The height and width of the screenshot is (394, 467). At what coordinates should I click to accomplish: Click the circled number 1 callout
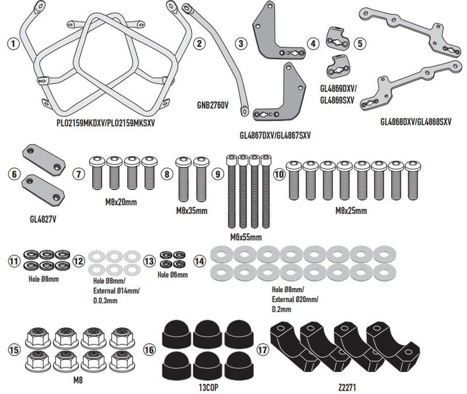pyautogui.click(x=13, y=44)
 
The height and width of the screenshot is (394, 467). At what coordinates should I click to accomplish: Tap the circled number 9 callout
pyautogui.click(x=218, y=174)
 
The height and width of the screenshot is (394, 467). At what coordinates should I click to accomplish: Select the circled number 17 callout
pyautogui.click(x=263, y=350)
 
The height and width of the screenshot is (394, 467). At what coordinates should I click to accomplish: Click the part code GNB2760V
pyautogui.click(x=212, y=105)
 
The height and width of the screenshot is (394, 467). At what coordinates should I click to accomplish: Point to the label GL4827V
pyautogui.click(x=43, y=219)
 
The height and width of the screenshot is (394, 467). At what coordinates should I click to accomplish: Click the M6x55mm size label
pyautogui.click(x=246, y=237)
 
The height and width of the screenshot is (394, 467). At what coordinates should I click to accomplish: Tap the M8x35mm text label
pyautogui.click(x=192, y=210)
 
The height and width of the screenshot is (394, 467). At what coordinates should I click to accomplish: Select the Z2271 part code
pyautogui.click(x=347, y=388)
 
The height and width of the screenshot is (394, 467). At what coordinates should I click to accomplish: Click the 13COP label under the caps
pyautogui.click(x=208, y=388)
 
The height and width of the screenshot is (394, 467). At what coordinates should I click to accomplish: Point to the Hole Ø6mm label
pyautogui.click(x=173, y=274)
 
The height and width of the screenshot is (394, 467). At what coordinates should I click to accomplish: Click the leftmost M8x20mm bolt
pyautogui.click(x=96, y=173)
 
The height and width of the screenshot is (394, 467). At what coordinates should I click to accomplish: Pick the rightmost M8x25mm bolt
pyautogui.click(x=413, y=181)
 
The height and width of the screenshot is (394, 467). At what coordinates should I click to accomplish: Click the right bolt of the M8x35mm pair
pyautogui.click(x=201, y=179)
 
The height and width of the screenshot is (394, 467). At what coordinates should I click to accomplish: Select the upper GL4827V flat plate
pyautogui.click(x=44, y=160)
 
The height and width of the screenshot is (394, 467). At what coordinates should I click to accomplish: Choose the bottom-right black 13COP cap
pyautogui.click(x=239, y=366)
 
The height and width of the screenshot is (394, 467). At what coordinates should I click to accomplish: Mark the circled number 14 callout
pyautogui.click(x=200, y=261)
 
